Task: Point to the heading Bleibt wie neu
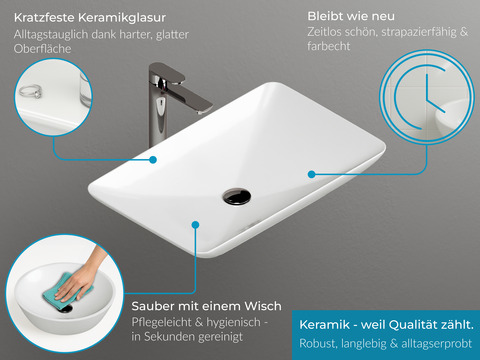[x=353, y=17]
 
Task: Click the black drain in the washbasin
[x=237, y=193]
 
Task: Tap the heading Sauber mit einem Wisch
[x=206, y=305]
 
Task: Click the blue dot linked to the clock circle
[x=312, y=174]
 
